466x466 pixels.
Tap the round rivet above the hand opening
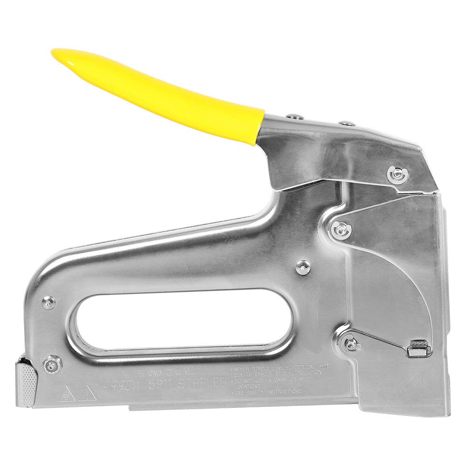(x=303, y=267)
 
